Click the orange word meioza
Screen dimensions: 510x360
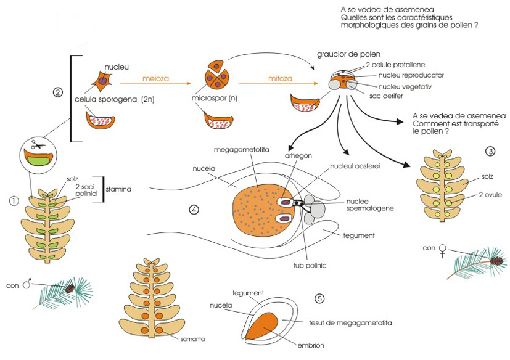[x=155, y=79]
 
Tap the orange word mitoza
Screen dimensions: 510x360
[x=280, y=79]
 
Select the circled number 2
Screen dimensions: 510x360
[x=57, y=92]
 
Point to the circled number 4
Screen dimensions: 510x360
[x=194, y=210]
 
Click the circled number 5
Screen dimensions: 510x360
[x=319, y=298]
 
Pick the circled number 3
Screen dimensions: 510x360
[x=490, y=151]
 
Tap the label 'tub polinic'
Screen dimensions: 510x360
[x=310, y=265]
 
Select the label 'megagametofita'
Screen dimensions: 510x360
[x=241, y=150]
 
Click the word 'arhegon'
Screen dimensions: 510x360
[x=298, y=156]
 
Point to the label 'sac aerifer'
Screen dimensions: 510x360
[x=386, y=96]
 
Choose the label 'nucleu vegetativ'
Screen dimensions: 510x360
[x=405, y=87]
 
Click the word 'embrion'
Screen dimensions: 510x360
[x=311, y=345]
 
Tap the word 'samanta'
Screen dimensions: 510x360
[x=192, y=339]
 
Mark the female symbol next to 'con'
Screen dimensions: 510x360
[x=442, y=251]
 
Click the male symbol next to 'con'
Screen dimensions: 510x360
[x=27, y=285]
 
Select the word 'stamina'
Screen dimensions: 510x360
[x=118, y=189]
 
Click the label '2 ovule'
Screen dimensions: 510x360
[x=490, y=195]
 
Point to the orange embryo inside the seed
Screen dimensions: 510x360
[x=262, y=325]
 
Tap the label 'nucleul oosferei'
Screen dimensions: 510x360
[x=355, y=166]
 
